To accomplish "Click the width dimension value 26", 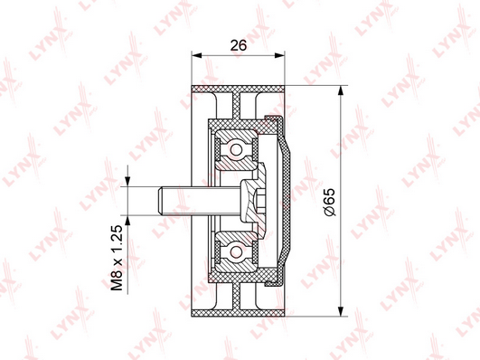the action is coord(238,45).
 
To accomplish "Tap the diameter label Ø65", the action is coord(330,203).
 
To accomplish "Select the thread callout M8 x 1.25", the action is coord(117,258).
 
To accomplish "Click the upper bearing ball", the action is coord(236,150).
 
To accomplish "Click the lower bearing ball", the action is coord(236,252).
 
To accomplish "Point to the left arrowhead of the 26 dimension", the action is coord(196,55).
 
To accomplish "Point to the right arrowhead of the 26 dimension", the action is coord(280,55).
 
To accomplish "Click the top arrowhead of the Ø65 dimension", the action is coord(340,90).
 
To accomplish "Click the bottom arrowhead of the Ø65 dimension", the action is coord(340,311).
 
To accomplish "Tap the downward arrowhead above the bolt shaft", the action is coord(127,182).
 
